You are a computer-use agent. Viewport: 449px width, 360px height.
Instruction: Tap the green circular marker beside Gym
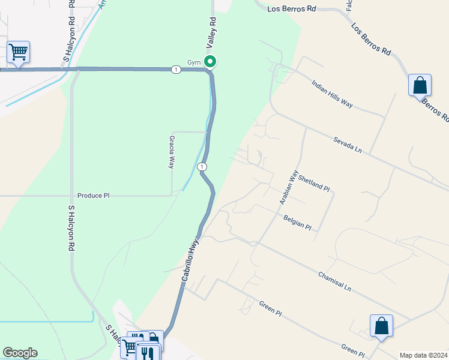coord(210,61)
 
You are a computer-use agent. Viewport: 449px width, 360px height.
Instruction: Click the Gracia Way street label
coord(171,152)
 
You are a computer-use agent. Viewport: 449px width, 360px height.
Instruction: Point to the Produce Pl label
coord(94,196)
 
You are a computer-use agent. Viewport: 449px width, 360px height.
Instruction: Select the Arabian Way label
coord(289,188)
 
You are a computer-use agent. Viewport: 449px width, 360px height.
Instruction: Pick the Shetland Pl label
coord(314,184)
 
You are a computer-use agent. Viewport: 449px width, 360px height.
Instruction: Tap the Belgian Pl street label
coord(298,223)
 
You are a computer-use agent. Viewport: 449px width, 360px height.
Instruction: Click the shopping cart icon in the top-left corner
coord(19,52)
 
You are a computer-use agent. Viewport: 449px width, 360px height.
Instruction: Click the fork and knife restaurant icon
coord(148,353)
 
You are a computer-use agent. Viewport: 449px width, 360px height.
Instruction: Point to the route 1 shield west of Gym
coord(175,70)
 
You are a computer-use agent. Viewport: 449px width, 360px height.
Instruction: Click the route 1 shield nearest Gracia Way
coord(203,166)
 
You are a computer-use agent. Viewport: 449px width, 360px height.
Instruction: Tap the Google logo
coord(20,353)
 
